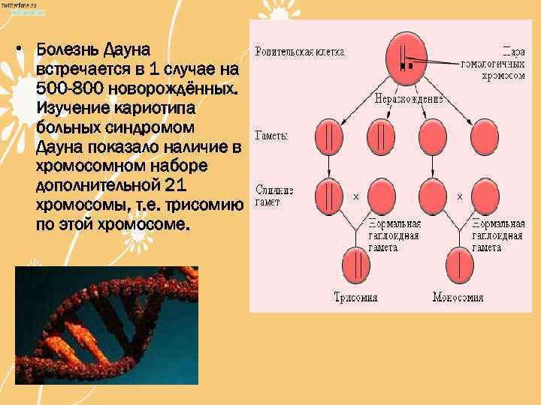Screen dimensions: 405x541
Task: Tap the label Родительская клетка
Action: tap(300, 52)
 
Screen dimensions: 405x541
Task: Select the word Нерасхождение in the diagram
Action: tap(410, 98)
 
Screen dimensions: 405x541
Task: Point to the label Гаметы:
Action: tap(272, 136)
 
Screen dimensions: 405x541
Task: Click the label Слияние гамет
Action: tap(274, 196)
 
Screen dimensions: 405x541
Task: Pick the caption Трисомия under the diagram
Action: tap(356, 297)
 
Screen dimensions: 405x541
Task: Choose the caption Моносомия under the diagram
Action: tap(458, 297)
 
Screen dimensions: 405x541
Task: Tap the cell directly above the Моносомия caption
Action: tap(460, 265)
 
